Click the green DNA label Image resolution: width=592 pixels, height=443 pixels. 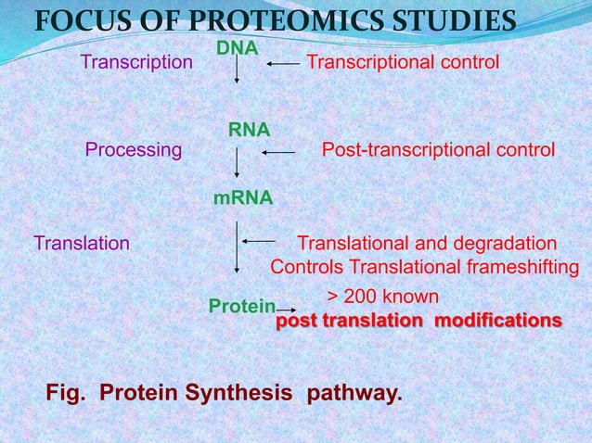pos(238,46)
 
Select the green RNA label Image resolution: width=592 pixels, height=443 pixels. pos(250,133)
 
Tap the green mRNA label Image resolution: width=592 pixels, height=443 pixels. pos(243,198)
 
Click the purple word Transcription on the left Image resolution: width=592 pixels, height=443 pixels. pos(136,62)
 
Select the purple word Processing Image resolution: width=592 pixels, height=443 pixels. pos(134,150)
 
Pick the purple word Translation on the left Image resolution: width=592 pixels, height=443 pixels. pos(82,243)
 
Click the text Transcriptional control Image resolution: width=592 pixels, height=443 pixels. pos(403,62)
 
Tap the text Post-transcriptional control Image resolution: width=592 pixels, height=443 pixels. pos(438,150)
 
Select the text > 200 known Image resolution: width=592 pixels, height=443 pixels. pos(383,297)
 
